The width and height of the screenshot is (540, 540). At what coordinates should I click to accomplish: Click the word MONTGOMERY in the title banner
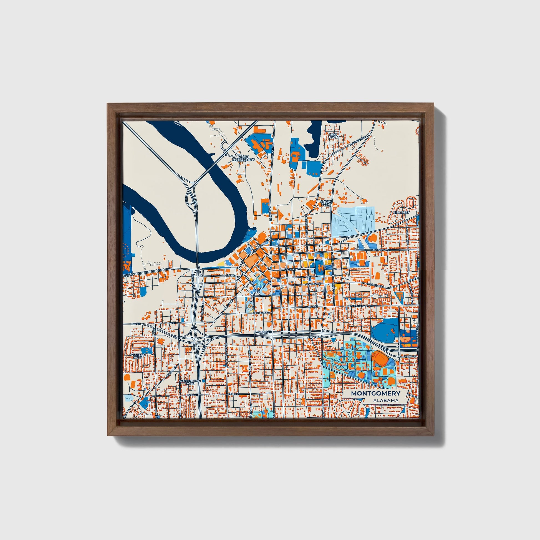[x=375, y=393]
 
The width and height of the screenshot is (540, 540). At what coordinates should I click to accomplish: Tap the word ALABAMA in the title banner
[x=385, y=400]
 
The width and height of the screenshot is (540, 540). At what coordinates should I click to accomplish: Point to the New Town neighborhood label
[x=334, y=136]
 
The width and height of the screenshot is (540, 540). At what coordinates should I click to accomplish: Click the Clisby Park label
[x=325, y=203]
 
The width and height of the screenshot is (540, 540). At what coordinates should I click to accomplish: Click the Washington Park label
[x=190, y=382]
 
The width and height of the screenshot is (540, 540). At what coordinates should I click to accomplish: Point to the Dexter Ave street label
[x=292, y=269]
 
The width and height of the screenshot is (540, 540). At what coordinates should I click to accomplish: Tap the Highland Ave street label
[x=357, y=306]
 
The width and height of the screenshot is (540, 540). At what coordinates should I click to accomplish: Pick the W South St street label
[x=263, y=332]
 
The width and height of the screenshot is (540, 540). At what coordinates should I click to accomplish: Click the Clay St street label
[x=230, y=275]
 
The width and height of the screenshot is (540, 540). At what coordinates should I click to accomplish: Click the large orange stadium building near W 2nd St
[x=380, y=359]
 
